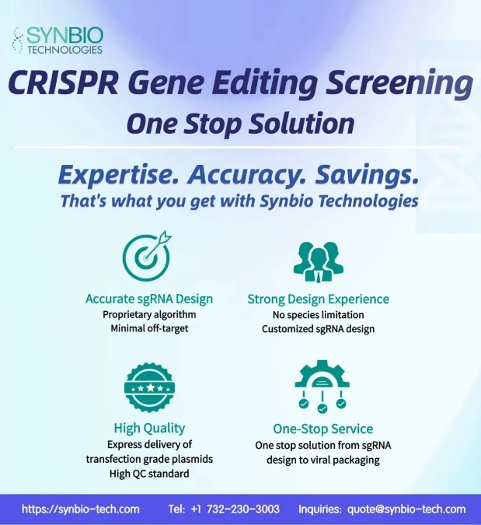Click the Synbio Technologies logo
click(x=58, y=40)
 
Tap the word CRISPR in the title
click(x=63, y=83)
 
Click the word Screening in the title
click(x=399, y=85)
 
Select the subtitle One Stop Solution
click(x=240, y=124)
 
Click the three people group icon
click(x=318, y=261)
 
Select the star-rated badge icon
click(x=149, y=387)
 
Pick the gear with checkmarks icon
click(x=322, y=387)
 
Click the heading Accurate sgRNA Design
click(x=149, y=299)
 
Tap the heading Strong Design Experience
click(x=318, y=299)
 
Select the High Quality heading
click(x=149, y=429)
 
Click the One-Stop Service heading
click(x=322, y=429)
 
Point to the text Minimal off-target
click(x=149, y=328)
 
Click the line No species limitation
click(x=318, y=315)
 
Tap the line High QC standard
click(x=149, y=474)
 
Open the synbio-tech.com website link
click(x=81, y=509)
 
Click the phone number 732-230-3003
click(x=243, y=509)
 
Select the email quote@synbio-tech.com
click(x=406, y=509)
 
